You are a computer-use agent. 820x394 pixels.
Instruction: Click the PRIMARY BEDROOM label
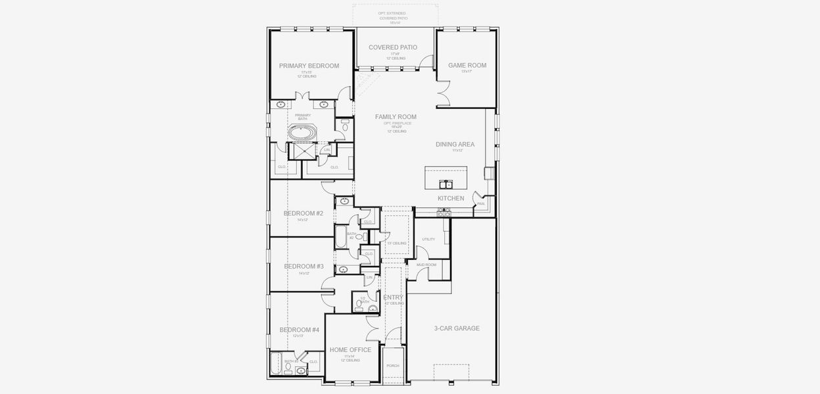(309, 66)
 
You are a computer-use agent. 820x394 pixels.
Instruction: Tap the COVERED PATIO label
(393, 47)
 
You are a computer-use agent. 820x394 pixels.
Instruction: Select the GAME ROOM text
(467, 66)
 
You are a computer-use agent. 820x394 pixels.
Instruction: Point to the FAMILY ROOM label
(396, 117)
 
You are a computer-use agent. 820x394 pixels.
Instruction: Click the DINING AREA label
(455, 144)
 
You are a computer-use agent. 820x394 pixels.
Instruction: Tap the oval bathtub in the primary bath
(302, 132)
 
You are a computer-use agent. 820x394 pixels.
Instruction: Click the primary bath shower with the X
(303, 151)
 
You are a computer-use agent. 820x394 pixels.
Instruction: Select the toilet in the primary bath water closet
(344, 127)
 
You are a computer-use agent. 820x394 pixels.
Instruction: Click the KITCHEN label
(451, 198)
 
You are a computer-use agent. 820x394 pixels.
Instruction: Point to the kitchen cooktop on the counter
(444, 212)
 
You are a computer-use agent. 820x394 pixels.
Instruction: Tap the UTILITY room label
(428, 239)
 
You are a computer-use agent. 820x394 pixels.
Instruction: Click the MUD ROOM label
(426, 265)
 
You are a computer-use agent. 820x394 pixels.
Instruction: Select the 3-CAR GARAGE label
(456, 328)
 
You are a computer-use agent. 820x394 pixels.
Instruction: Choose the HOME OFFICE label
(350, 350)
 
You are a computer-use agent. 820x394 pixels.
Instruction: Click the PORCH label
(392, 366)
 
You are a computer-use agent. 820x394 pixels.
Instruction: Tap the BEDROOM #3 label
(304, 267)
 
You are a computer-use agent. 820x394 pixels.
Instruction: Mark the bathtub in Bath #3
(276, 363)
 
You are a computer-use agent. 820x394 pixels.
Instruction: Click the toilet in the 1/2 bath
(359, 303)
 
